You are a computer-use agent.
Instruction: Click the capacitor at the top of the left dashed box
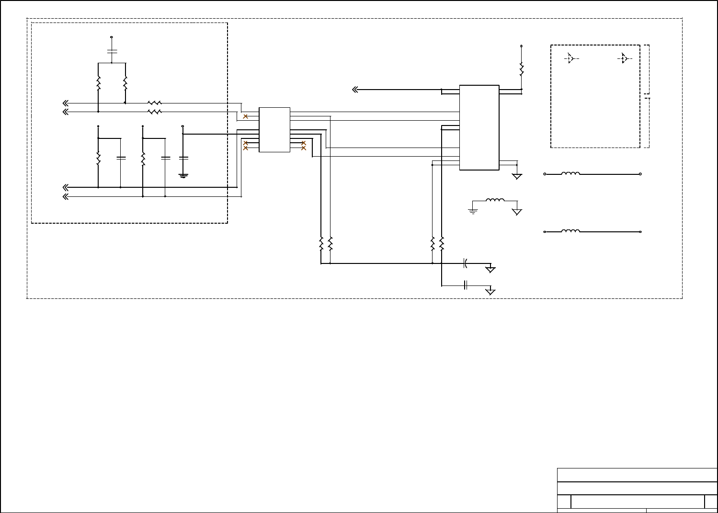112,50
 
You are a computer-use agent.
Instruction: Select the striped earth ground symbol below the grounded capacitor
183,175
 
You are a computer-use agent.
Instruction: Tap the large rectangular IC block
479,127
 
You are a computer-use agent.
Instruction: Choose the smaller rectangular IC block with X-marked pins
274,130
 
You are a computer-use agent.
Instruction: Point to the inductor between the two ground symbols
495,201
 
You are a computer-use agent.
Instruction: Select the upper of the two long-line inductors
570,174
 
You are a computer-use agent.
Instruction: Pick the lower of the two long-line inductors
570,231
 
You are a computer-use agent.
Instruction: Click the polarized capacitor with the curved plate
465,263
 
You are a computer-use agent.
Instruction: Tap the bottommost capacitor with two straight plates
465,285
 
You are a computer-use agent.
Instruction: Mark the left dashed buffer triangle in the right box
570,58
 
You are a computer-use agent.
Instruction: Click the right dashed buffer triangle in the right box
624,58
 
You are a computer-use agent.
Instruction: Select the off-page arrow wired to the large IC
355,90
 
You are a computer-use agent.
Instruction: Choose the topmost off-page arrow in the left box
66,103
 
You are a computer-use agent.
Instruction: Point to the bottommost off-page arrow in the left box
66,196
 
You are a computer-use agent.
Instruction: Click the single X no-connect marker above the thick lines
245,116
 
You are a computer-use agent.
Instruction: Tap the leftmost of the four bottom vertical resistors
321,243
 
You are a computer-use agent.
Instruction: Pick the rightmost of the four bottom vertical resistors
442,243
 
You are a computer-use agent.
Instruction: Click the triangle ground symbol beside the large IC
517,176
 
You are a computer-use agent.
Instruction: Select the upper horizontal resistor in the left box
155,103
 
